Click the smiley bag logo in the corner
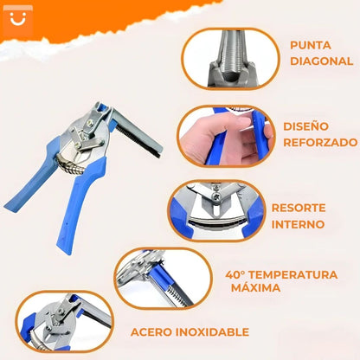[16, 18]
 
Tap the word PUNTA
[311, 45]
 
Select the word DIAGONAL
[321, 61]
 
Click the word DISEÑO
[305, 125]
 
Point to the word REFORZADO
[319, 142]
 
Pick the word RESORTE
[299, 209]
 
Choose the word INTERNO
[299, 224]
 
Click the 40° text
[236, 274]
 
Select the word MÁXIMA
[255, 287]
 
